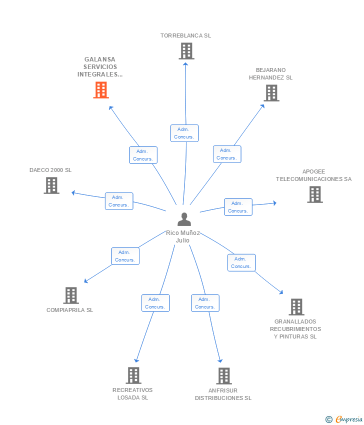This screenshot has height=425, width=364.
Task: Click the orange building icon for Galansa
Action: (x=101, y=90)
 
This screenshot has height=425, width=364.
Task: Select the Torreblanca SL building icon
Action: (x=186, y=51)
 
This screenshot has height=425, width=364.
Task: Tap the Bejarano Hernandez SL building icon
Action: (x=271, y=93)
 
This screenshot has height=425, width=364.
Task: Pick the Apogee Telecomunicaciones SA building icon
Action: (x=315, y=194)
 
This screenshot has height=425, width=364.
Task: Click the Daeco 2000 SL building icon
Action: (x=51, y=185)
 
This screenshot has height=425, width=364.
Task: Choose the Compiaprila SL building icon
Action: (x=71, y=295)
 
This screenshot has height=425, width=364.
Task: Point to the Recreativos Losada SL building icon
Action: (x=133, y=375)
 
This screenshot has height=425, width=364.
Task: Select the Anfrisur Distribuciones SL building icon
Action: (x=224, y=376)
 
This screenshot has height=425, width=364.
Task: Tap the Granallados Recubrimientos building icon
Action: (x=296, y=307)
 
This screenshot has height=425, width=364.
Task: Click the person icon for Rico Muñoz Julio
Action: (x=184, y=219)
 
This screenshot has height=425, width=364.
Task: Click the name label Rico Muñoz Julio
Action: (x=182, y=236)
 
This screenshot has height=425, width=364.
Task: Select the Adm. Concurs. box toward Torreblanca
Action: (x=184, y=133)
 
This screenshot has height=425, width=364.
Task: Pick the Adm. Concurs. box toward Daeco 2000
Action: (x=119, y=201)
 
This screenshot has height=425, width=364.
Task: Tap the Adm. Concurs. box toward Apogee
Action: (x=238, y=207)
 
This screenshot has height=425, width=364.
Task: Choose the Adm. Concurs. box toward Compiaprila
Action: (x=125, y=256)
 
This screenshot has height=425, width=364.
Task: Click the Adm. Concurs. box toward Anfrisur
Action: (x=205, y=303)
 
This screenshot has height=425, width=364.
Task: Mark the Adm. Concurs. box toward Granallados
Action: (x=241, y=262)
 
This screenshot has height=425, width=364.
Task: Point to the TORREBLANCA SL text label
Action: (x=185, y=35)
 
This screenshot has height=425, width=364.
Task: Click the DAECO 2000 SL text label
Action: (x=50, y=170)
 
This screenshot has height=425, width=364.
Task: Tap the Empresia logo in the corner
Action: (x=344, y=419)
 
